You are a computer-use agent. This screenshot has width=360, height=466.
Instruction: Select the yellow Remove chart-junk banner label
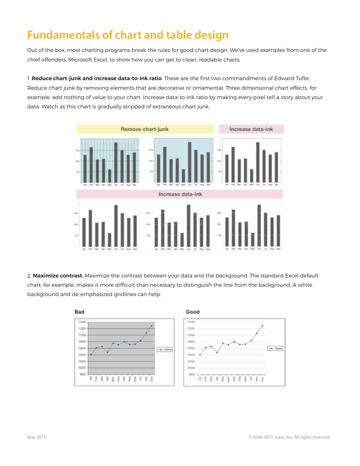[x=145, y=129]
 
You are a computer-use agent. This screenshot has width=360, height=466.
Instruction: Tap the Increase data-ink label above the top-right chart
[x=250, y=129]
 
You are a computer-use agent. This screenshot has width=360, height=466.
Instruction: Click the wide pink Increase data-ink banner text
[x=180, y=194]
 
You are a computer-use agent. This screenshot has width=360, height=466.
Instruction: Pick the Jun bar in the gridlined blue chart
[x=116, y=162]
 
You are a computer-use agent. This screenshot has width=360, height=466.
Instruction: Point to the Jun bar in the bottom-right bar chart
[x=259, y=225]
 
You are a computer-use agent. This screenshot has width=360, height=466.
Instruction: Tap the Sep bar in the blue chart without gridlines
[x=208, y=167]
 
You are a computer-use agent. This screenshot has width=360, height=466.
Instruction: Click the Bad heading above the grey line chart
[x=80, y=312]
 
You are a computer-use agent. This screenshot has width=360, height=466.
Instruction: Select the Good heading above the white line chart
[x=193, y=312]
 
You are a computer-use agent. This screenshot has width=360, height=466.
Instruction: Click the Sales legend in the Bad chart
[x=165, y=350]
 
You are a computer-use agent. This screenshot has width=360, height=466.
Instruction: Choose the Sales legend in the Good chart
[x=275, y=348]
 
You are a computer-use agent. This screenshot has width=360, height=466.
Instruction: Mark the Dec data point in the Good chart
[x=263, y=326]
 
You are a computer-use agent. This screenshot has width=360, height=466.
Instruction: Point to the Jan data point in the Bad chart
[x=91, y=355]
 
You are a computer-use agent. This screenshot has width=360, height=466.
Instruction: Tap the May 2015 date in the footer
[x=36, y=437]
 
